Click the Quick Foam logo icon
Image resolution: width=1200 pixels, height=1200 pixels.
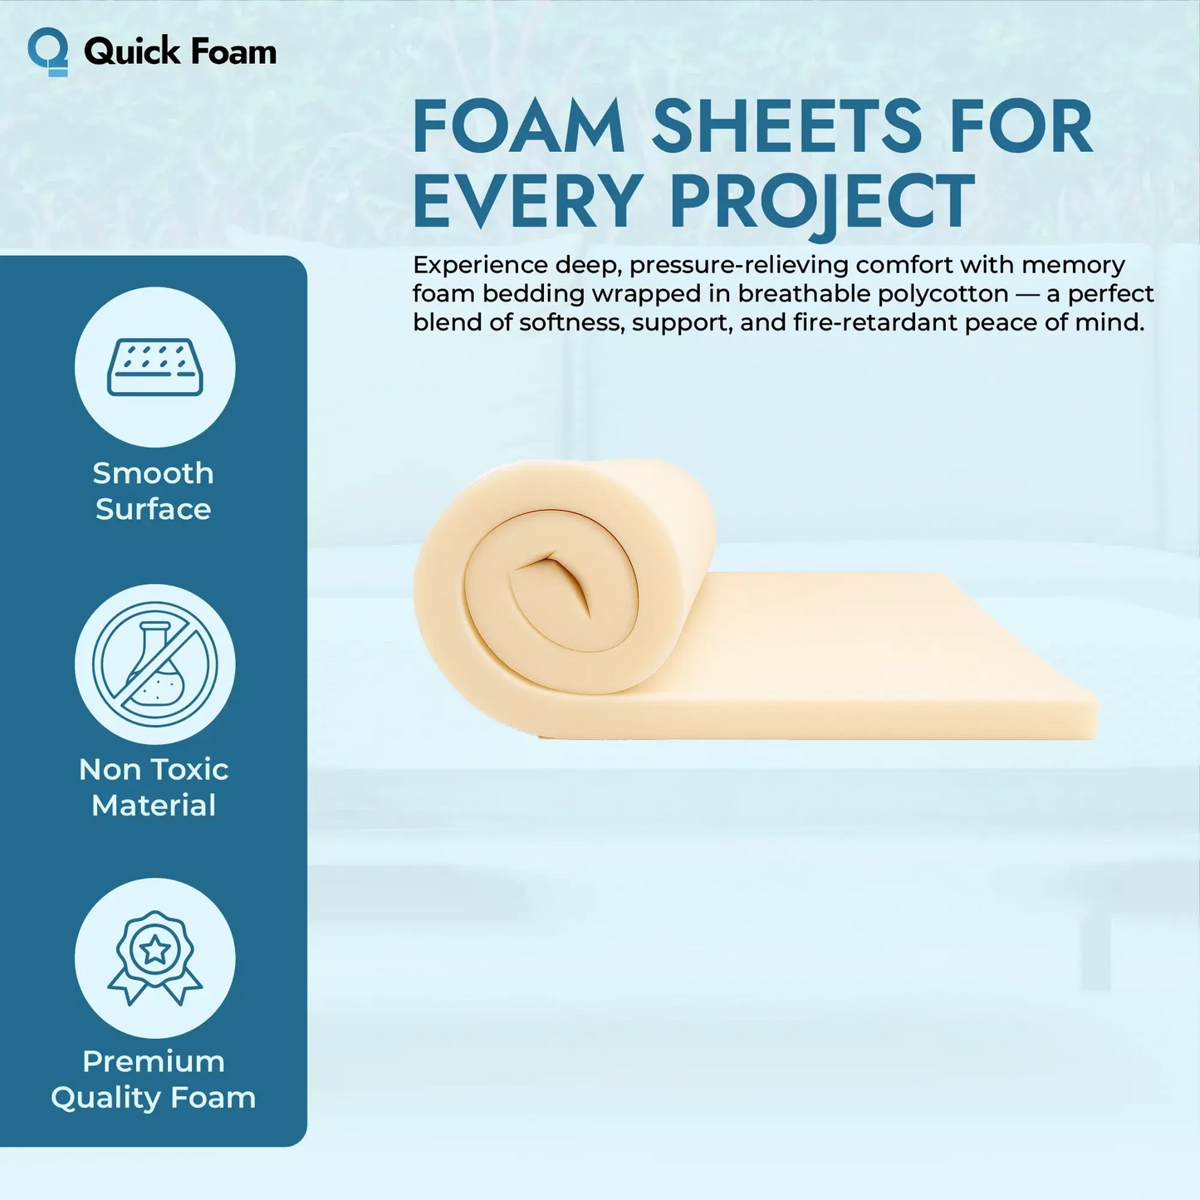click(x=48, y=51)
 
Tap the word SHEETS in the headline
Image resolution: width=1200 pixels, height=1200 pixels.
click(x=786, y=127)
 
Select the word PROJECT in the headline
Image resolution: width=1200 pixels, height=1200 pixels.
click(x=821, y=202)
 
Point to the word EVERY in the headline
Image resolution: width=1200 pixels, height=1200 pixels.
click(x=526, y=202)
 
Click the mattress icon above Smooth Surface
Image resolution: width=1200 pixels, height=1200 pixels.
click(x=155, y=367)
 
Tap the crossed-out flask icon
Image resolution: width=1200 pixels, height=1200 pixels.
click(x=155, y=664)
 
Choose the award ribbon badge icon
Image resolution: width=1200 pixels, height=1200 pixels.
click(x=155, y=958)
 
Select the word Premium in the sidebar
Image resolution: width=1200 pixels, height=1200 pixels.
click(x=154, y=1061)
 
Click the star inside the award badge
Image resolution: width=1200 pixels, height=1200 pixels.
click(x=155, y=950)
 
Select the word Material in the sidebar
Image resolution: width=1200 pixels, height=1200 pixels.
click(x=154, y=806)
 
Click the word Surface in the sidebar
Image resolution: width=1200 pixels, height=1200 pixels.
click(x=154, y=509)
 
